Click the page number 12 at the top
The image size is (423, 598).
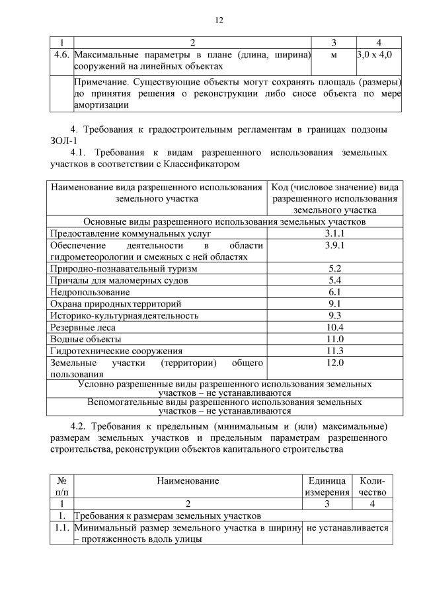pos(219,20)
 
